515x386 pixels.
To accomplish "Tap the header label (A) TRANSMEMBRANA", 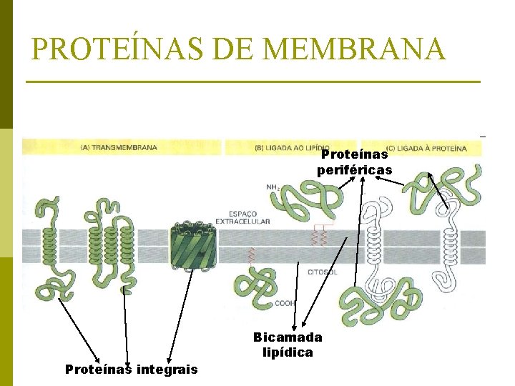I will click(119, 148).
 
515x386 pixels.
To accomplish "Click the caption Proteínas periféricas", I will click(355, 162).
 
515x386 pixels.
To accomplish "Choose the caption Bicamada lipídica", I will click(288, 345).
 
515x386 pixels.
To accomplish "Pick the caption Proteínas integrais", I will click(131, 370).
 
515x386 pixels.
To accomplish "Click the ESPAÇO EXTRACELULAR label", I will click(249, 217).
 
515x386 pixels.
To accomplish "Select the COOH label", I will click(285, 303).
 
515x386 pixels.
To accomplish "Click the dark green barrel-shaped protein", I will click(192, 247).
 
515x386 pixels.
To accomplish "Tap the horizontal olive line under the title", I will click(253, 82).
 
